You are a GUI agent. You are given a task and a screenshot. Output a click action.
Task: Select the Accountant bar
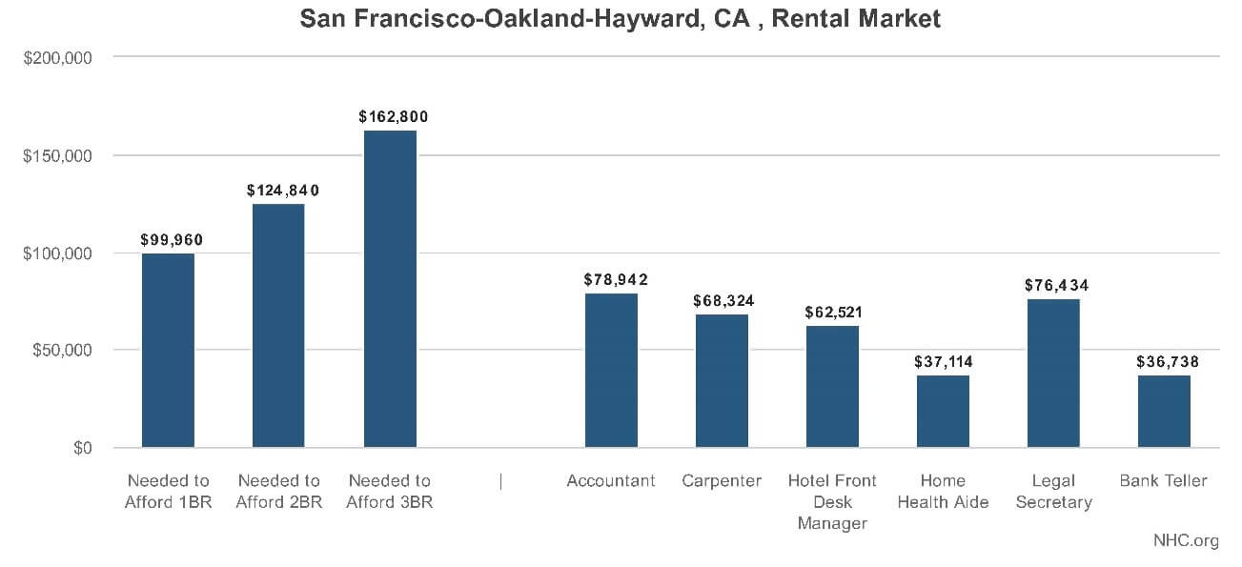611,371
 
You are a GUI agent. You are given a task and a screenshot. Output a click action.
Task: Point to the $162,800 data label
393,117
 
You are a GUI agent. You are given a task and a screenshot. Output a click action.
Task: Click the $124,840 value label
282,191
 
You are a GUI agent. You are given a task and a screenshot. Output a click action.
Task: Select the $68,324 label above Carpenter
722,301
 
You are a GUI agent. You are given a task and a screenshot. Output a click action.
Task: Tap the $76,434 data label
1056,285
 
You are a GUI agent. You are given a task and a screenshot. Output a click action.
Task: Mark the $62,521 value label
832,313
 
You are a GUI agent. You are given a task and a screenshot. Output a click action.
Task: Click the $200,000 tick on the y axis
57,58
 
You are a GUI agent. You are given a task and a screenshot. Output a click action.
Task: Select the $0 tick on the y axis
82,448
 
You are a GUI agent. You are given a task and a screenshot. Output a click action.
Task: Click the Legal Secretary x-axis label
1053,492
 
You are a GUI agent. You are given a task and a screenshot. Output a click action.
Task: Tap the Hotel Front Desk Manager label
832,502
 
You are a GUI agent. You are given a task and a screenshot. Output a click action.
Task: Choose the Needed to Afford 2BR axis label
278,492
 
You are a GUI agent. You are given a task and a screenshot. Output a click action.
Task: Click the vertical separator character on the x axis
500,481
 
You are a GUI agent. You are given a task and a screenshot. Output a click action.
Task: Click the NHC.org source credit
1186,540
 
